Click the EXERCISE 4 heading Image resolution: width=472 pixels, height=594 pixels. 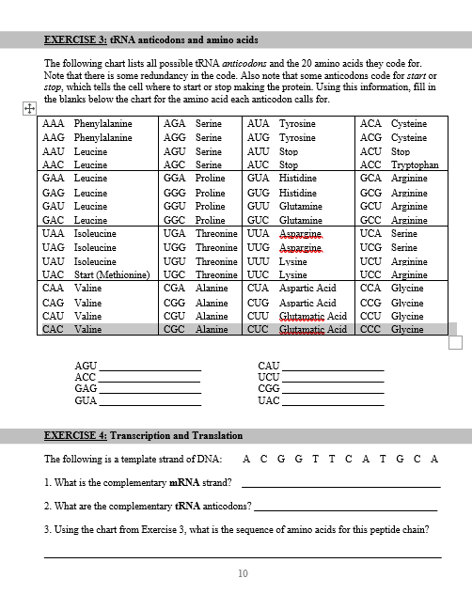(x=144, y=435)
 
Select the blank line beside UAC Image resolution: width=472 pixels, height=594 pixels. (x=333, y=401)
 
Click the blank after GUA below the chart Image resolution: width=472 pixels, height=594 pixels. (x=150, y=401)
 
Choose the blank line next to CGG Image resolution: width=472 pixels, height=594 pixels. (x=333, y=390)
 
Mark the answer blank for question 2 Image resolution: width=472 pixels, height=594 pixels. (x=346, y=508)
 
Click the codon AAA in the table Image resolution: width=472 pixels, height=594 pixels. (x=54, y=124)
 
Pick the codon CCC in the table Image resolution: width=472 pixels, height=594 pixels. (x=371, y=330)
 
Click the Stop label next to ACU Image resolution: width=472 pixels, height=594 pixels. (x=400, y=151)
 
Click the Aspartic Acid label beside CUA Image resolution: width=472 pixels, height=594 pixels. (x=307, y=289)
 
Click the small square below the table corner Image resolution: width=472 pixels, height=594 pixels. (x=456, y=341)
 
